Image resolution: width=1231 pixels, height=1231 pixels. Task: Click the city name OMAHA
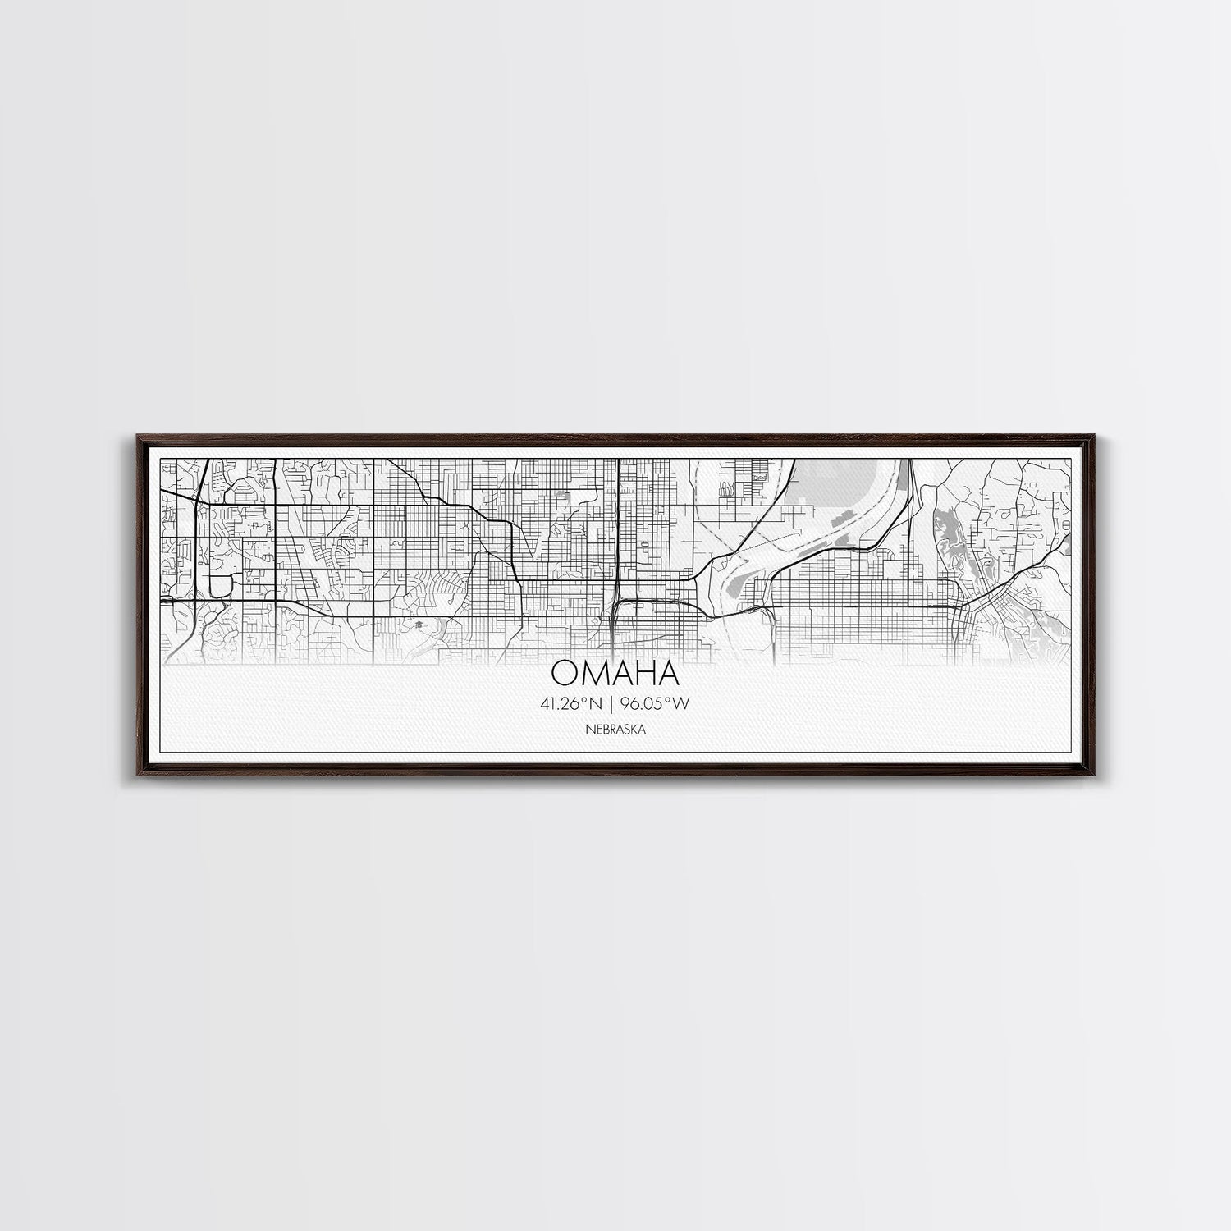pyautogui.click(x=615, y=673)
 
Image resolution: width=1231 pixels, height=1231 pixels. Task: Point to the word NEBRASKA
pyautogui.click(x=615, y=728)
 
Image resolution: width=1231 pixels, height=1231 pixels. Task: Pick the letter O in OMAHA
pyautogui.click(x=566, y=673)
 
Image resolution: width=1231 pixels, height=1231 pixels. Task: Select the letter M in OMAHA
pyautogui.click(x=593, y=673)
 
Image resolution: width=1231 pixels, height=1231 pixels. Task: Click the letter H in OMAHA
pyautogui.click(x=644, y=673)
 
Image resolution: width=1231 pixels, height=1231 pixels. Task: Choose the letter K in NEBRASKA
pyautogui.click(x=636, y=728)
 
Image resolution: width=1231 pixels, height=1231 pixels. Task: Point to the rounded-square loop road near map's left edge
pyautogui.click(x=220, y=584)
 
